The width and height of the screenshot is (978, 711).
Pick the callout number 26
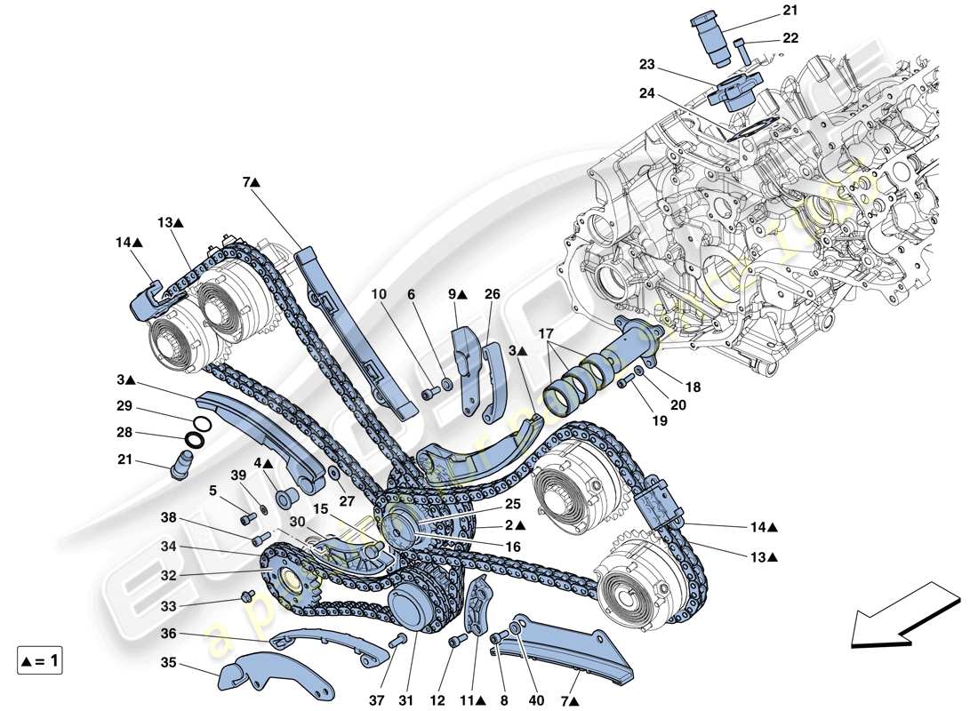(x=492, y=294)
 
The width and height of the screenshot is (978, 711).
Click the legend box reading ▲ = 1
(x=40, y=660)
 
